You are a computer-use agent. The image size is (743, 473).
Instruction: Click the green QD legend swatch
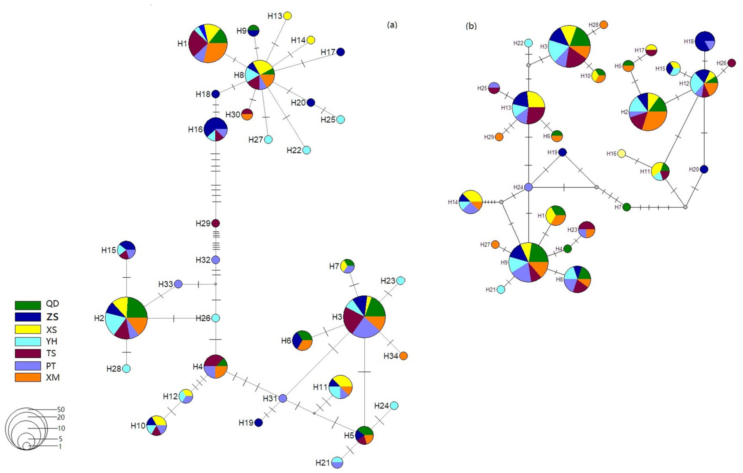28,305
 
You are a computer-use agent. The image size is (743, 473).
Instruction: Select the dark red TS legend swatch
28,353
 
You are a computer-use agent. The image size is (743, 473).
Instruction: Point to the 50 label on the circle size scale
61,409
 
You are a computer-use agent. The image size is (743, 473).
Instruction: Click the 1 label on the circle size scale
60,446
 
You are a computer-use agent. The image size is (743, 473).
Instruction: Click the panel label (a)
392,25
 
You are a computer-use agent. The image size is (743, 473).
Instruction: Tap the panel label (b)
471,26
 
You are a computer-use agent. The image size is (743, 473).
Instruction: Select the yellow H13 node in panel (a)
287,16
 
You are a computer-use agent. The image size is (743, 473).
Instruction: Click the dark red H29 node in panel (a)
216,223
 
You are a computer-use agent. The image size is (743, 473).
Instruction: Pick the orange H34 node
404,356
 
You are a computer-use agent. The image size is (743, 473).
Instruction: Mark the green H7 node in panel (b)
626,207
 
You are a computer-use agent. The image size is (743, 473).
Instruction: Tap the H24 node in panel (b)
529,187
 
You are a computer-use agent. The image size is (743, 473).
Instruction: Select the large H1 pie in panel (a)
208,43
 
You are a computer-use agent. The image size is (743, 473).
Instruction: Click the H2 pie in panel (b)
648,112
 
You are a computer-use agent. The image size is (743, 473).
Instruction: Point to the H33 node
178,284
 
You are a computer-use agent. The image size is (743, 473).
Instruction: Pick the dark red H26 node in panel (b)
732,63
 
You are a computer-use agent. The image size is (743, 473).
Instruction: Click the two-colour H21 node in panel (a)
337,463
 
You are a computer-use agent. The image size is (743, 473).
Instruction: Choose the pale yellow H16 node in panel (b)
621,153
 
